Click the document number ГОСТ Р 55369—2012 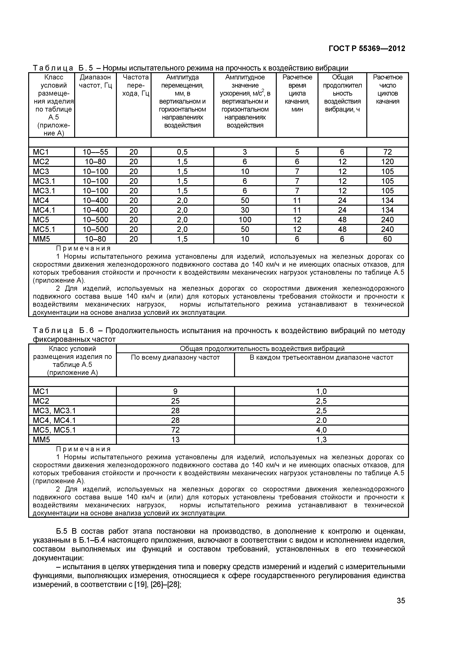point(367,48)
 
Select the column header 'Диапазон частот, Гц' point(95,81)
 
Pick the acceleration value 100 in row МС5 point(245,220)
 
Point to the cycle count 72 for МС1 point(387,152)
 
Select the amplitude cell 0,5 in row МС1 point(182,152)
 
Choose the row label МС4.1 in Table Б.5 point(44,210)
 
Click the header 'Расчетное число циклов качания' point(387,89)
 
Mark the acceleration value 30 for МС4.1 point(245,210)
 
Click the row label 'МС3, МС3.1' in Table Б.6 point(54,410)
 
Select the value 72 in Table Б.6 point(175,430)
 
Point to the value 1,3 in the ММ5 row point(321,439)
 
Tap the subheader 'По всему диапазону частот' point(175,358)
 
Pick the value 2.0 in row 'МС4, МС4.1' point(321,420)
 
